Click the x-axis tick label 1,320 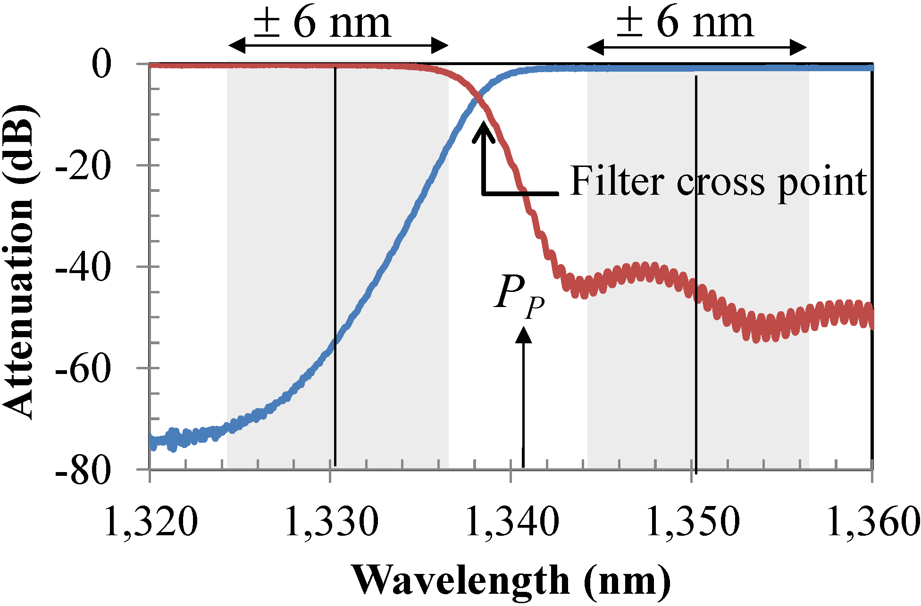[x=150, y=522]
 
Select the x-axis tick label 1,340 [x=512, y=522]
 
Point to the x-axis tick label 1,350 [x=693, y=522]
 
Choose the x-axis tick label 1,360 [x=873, y=522]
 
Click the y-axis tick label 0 [x=102, y=65]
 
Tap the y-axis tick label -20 [x=84, y=166]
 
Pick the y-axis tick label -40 [x=84, y=267]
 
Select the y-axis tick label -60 [x=84, y=369]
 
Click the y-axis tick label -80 [x=84, y=471]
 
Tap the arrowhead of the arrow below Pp [x=523, y=335]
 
